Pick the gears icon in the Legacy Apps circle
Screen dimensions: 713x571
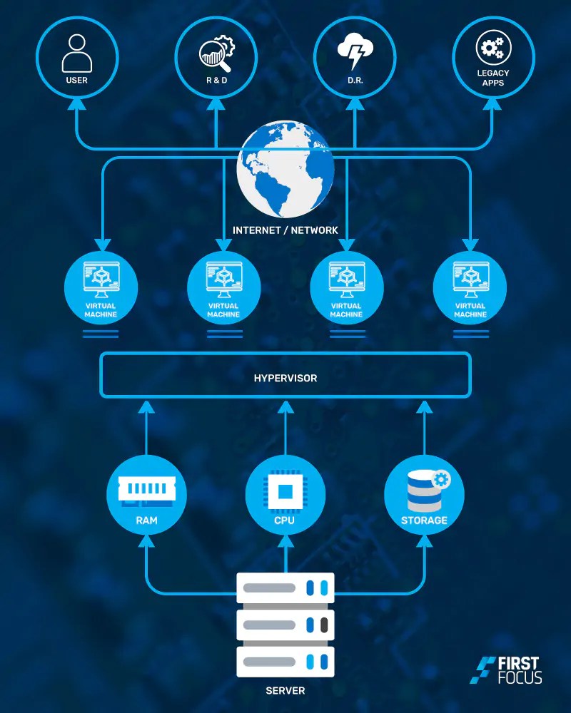coord(492,49)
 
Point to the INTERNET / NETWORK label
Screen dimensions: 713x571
coord(285,231)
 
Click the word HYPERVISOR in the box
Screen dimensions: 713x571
coord(285,378)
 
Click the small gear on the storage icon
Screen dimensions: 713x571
coord(440,479)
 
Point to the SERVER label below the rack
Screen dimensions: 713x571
coord(285,691)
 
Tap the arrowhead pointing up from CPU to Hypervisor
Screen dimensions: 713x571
coord(285,408)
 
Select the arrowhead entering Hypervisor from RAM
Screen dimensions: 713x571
coord(146,408)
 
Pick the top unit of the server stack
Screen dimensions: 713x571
coord(285,588)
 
